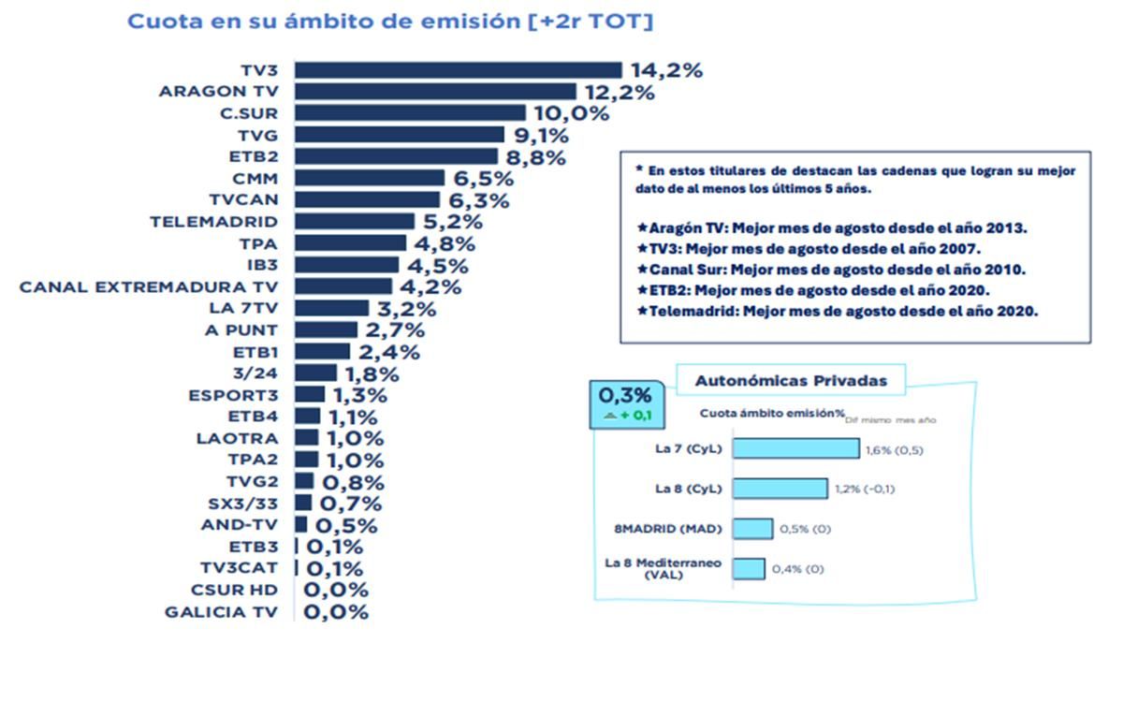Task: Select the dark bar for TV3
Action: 458,70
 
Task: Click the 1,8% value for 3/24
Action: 373,373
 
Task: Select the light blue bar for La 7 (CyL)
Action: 795,448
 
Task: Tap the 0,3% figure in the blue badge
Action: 624,395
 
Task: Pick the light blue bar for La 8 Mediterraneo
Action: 749,569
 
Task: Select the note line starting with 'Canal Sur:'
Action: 830,269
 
